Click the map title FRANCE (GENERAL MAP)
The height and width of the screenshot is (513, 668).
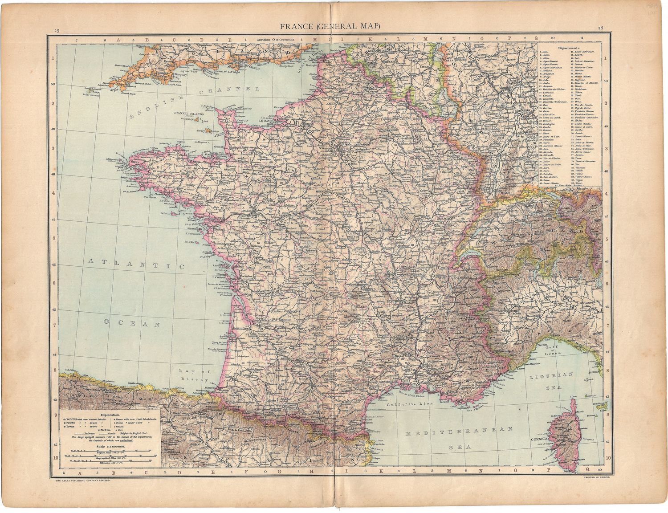click(330, 26)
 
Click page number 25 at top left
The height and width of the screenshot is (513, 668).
click(57, 31)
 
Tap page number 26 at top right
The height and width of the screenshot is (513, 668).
click(601, 28)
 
